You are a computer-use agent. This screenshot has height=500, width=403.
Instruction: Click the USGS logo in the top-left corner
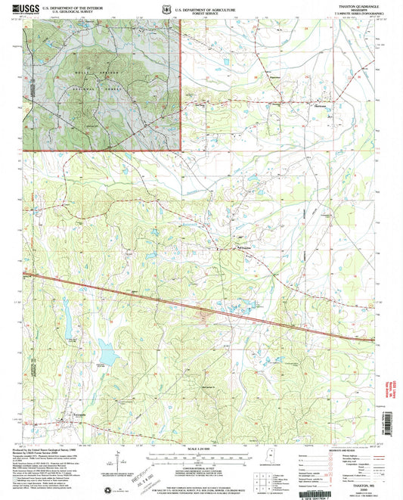click(23, 10)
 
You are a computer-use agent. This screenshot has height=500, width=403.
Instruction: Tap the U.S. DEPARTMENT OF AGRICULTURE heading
click(200, 8)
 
